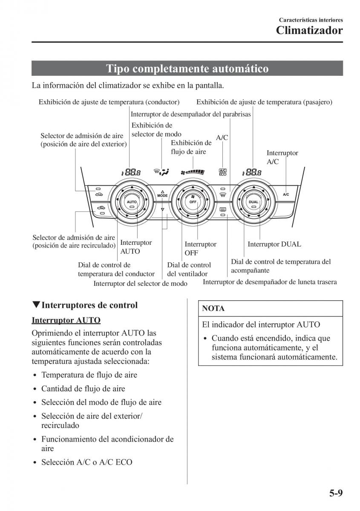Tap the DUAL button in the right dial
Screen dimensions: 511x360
[x=253, y=201]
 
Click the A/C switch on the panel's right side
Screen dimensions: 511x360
[x=286, y=194]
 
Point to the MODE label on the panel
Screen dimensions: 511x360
[x=162, y=195]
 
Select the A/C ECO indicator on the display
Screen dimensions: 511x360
[x=223, y=172]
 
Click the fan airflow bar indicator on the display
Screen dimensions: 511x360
[x=193, y=172]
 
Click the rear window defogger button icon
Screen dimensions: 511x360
[x=222, y=210]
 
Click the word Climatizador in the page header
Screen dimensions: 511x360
[x=309, y=31]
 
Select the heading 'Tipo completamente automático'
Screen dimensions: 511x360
[x=187, y=69]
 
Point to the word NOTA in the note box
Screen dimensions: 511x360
[x=213, y=308]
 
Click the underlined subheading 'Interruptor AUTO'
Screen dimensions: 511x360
[x=66, y=320]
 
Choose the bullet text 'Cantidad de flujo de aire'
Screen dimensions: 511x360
[x=83, y=388]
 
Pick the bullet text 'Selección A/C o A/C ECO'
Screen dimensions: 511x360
[x=87, y=462]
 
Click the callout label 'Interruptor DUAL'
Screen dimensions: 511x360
[x=274, y=244]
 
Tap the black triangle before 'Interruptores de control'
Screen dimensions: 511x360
[x=36, y=305]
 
